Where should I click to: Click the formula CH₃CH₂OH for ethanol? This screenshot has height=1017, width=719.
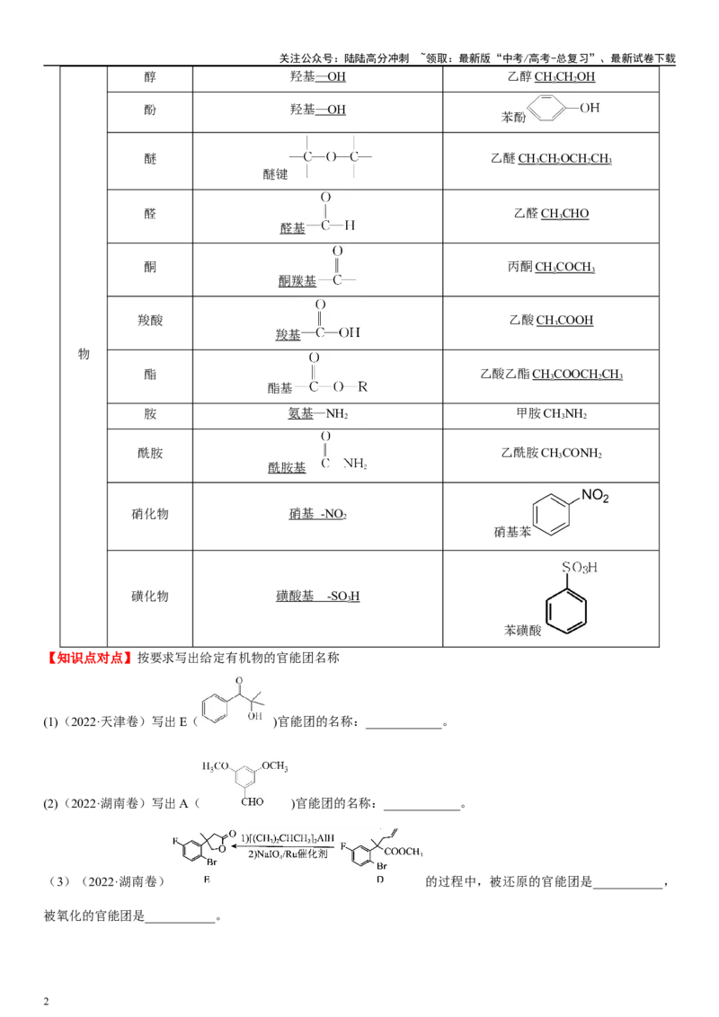point(564,76)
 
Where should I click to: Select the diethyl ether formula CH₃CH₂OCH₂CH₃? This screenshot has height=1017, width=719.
point(564,159)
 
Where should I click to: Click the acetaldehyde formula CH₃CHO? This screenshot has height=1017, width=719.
point(564,214)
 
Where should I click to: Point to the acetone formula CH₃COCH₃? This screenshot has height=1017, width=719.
point(564,267)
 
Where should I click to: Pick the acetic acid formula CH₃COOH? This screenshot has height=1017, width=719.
point(564,321)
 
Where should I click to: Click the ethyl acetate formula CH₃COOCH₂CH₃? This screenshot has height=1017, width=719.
point(577,375)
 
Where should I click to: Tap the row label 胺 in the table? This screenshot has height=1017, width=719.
point(150,414)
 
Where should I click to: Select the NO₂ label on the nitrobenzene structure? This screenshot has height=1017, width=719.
point(594,496)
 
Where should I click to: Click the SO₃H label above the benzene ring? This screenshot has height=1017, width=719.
point(579,568)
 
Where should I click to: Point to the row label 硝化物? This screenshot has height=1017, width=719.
point(150,514)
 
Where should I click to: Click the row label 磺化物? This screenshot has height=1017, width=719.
point(150,597)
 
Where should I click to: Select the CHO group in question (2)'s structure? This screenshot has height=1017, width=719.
point(252,802)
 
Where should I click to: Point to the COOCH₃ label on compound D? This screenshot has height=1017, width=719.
point(403,852)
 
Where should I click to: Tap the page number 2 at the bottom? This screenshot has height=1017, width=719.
point(46,1002)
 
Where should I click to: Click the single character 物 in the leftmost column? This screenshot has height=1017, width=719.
point(84,354)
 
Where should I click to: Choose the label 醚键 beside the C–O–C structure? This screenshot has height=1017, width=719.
point(275,174)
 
